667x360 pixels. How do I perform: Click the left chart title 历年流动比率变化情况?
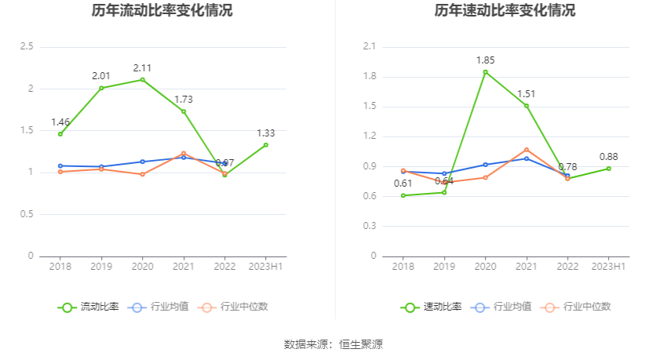(x=162, y=11)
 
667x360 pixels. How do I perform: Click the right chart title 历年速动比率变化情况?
(x=505, y=11)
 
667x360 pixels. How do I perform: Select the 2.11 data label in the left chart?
(x=142, y=68)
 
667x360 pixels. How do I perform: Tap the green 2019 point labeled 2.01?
(x=101, y=88)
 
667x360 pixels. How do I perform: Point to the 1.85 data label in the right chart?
(x=485, y=60)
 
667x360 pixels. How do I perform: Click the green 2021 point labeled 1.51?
(x=527, y=106)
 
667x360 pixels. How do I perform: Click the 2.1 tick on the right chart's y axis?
(x=370, y=47)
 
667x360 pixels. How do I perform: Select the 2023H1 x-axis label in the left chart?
(x=266, y=267)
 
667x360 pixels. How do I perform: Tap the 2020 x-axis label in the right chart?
(x=485, y=267)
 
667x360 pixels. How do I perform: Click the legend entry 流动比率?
(x=89, y=307)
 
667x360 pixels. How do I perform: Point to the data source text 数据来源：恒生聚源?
(x=333, y=344)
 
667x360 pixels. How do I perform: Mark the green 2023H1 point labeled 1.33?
(x=266, y=145)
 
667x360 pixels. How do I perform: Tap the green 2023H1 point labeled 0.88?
(x=608, y=169)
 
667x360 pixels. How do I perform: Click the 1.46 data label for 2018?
(x=60, y=122)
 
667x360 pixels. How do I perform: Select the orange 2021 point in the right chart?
(x=527, y=150)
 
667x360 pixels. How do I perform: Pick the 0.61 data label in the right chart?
(x=403, y=184)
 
